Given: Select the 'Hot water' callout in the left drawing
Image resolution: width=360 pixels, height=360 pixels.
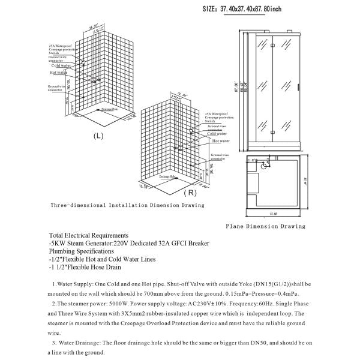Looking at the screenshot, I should pyautogui.click(x=58, y=72).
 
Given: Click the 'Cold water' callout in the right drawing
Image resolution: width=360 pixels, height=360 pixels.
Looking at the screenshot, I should pyautogui.click(x=217, y=134).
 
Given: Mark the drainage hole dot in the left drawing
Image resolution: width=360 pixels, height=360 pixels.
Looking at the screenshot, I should pyautogui.click(x=97, y=110).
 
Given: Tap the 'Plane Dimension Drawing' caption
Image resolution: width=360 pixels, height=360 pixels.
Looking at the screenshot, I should pyautogui.click(x=265, y=226).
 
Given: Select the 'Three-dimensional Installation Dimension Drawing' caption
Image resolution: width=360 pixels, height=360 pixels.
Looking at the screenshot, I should pyautogui.click(x=127, y=205).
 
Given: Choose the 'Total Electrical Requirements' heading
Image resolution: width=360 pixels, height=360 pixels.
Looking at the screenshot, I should pyautogui.click(x=89, y=235).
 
